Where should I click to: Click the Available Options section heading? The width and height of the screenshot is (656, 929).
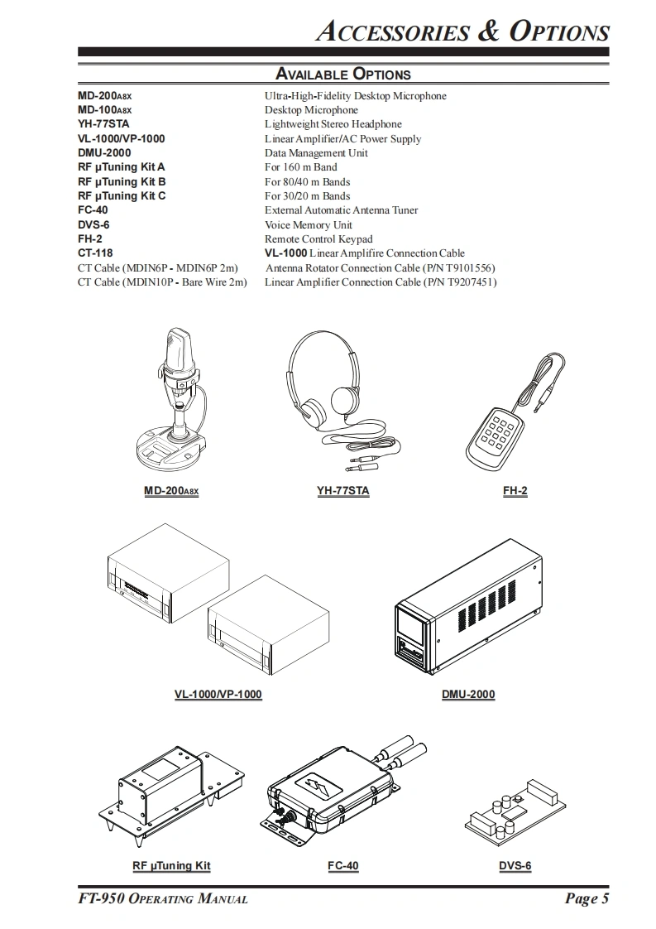[x=342, y=74]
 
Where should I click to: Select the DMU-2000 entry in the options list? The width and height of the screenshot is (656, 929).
[x=104, y=153]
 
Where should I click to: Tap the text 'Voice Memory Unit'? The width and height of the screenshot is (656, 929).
[x=308, y=225]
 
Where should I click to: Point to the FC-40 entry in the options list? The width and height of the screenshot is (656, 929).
[x=93, y=210]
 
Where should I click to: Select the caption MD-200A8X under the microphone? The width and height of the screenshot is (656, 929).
[x=171, y=491]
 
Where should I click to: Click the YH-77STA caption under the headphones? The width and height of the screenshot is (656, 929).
[x=342, y=491]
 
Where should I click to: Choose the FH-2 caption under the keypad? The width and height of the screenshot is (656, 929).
[x=515, y=491]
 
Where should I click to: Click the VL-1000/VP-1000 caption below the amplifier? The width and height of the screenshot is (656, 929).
[x=218, y=695]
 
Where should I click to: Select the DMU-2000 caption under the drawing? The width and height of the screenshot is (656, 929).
[x=468, y=695]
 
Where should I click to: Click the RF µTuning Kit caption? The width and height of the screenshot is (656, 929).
[x=171, y=866]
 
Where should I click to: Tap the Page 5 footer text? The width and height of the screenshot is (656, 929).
[x=587, y=899]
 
